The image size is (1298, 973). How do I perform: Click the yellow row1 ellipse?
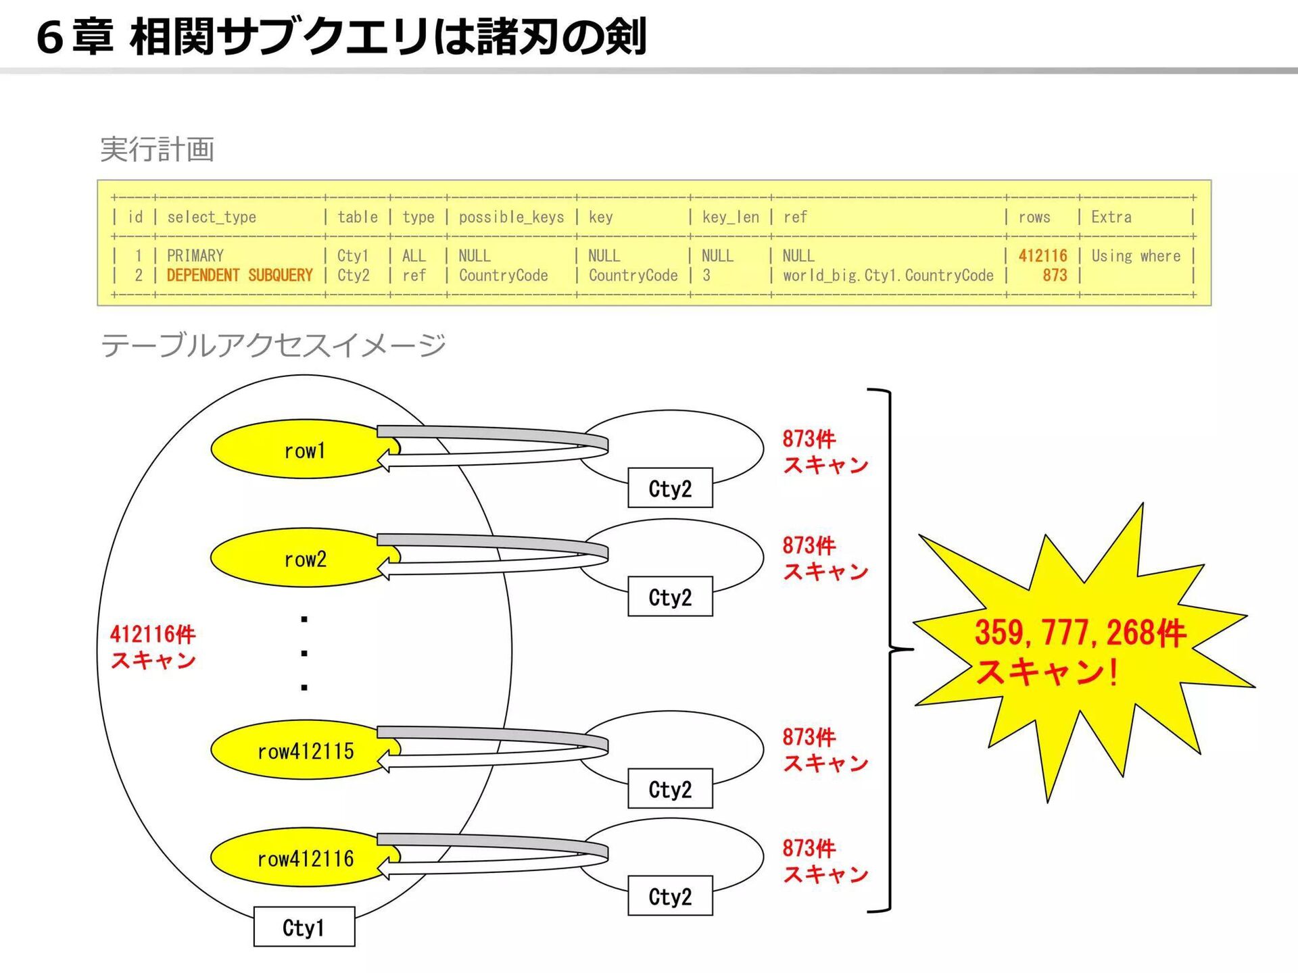(297, 450)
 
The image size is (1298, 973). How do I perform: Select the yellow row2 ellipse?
(297, 559)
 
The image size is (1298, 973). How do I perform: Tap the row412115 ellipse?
(297, 751)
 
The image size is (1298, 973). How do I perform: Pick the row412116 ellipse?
(297, 858)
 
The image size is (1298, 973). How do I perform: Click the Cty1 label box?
(304, 927)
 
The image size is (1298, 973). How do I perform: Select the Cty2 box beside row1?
(670, 488)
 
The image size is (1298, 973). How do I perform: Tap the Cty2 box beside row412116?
(670, 896)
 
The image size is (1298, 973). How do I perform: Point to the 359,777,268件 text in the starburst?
(1080, 632)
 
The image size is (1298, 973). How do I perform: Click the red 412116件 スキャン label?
(153, 647)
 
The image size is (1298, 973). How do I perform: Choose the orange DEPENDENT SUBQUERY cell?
(239, 276)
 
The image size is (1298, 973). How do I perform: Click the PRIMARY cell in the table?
(195, 256)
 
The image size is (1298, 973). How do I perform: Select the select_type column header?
(211, 217)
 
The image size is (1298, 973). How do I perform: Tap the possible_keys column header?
(511, 217)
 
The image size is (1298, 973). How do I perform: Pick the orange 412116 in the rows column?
(1042, 256)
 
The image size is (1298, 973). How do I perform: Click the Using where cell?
(1136, 256)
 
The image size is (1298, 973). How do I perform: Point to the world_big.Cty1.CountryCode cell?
(888, 276)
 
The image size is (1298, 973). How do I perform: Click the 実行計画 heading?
(157, 149)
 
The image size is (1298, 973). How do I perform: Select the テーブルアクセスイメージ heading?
(273, 345)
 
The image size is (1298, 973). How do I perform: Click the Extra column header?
(1111, 217)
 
